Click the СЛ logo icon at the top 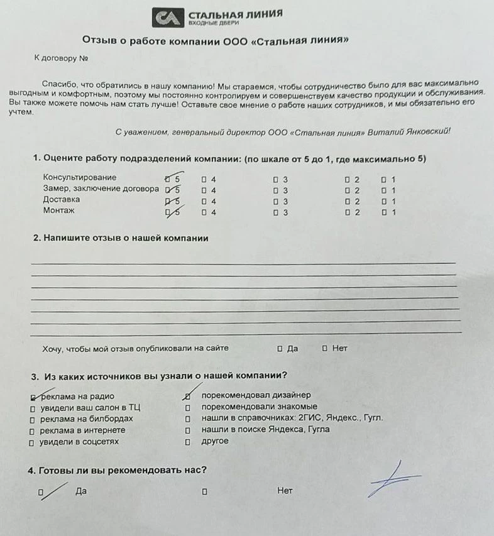167,17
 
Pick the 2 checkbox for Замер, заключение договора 347,190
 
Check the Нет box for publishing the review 325,348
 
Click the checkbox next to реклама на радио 33,397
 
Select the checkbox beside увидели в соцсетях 31,442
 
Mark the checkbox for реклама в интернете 31,431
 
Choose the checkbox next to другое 187,442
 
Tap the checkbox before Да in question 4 41,493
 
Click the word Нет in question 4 285,491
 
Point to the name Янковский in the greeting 427,133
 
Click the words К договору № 60,58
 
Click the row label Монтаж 58,211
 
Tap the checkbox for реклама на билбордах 31,420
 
